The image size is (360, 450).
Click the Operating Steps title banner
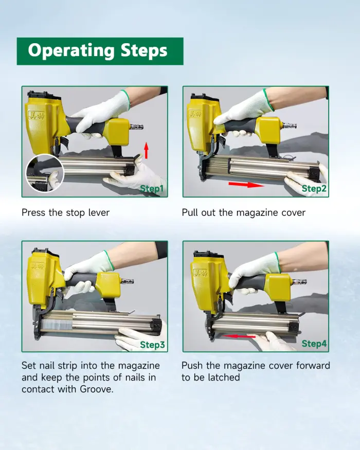[x=100, y=51]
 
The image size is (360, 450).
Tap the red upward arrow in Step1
[x=146, y=150]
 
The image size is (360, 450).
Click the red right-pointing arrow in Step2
[x=246, y=184]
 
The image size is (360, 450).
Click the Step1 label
[x=152, y=189]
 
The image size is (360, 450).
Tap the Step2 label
[x=314, y=189]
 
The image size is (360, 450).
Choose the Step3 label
[x=152, y=345]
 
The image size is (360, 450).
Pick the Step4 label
[x=314, y=344]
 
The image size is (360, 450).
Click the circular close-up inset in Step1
[x=45, y=173]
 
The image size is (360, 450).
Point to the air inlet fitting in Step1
[x=136, y=127]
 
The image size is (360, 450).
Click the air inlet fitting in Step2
[x=290, y=125]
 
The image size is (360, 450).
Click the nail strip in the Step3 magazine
[x=56, y=323]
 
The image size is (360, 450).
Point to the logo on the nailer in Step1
[x=36, y=115]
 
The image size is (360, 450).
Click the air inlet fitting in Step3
[x=127, y=281]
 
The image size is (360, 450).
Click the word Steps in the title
[x=144, y=50]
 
